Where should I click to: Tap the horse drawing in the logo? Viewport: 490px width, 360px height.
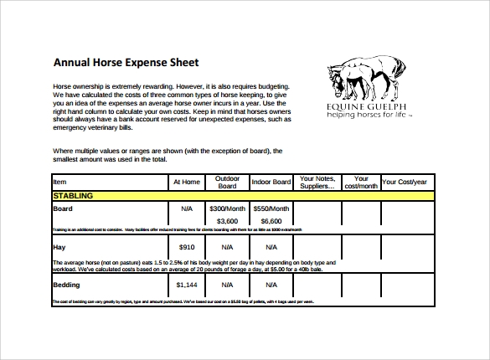363,80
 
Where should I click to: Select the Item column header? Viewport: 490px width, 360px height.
59,181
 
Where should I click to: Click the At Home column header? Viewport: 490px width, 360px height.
187,182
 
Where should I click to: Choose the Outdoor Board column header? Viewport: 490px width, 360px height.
227,182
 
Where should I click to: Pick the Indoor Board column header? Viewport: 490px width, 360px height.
270,182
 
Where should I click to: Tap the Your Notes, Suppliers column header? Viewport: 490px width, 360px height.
317,182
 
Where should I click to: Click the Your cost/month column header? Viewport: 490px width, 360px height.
361,182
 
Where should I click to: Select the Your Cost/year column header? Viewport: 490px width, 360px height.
405,182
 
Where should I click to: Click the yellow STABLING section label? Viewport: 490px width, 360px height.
72,195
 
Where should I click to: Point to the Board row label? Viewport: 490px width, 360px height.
63,208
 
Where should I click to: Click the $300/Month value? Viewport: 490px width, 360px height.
227,208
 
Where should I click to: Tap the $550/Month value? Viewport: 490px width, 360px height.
270,208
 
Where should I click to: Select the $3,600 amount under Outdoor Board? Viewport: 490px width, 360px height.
227,221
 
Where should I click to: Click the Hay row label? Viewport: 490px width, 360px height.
59,247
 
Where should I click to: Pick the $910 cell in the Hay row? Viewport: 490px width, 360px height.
187,247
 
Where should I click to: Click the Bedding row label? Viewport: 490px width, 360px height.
67,285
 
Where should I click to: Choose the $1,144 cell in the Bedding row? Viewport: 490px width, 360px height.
187,285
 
